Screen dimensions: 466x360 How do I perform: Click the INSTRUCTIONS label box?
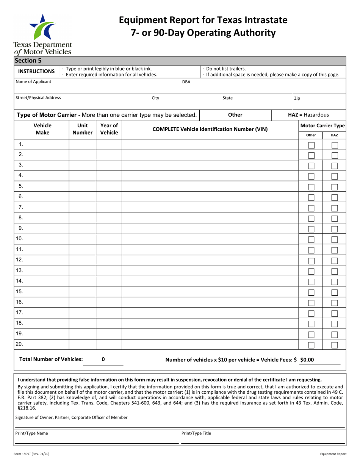(x=37, y=71)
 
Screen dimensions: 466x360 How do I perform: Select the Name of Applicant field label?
(x=33, y=81)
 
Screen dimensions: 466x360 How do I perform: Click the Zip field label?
(x=297, y=98)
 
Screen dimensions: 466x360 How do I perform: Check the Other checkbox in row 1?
(x=311, y=145)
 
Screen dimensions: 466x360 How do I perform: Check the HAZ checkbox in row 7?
(x=335, y=208)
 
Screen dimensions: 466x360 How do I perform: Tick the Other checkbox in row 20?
(x=311, y=345)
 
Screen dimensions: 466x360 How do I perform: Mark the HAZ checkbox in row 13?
(x=335, y=271)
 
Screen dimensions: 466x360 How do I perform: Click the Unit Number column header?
(x=82, y=129)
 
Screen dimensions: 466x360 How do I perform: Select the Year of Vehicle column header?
(x=109, y=129)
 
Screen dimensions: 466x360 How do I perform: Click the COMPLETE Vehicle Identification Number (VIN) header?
(x=210, y=129)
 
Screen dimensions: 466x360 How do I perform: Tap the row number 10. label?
(x=20, y=239)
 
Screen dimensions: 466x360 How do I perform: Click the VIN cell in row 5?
(x=210, y=186)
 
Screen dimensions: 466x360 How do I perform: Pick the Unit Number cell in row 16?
(x=82, y=302)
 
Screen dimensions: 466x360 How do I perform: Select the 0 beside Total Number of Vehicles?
(x=103, y=360)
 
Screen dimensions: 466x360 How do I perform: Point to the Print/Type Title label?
(x=196, y=433)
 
